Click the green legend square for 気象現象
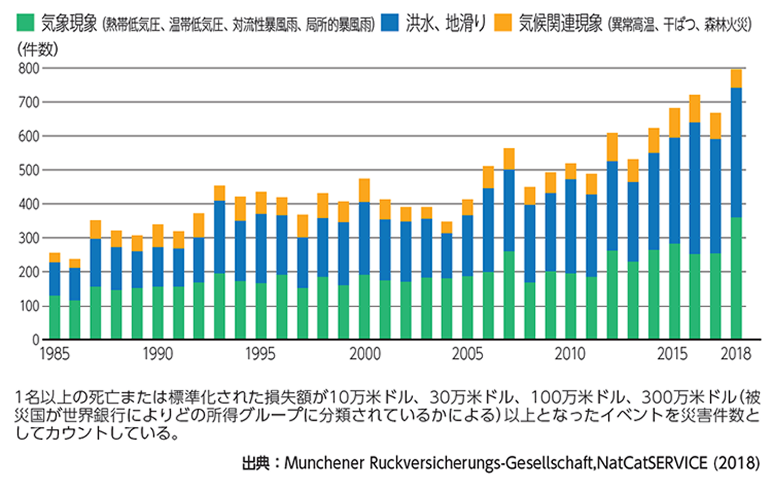(x=25, y=23)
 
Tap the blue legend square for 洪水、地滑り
(x=390, y=23)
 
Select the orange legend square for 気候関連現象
(x=503, y=23)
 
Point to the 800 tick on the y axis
(x=29, y=68)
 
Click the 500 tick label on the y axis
(x=29, y=170)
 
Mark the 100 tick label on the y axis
(x=29, y=306)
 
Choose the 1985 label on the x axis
(x=55, y=354)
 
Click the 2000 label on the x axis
(x=365, y=354)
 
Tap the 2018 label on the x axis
(x=736, y=354)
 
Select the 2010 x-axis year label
(x=570, y=354)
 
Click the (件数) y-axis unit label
(x=38, y=49)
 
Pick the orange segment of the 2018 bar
(x=736, y=79)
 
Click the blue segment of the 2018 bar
(x=736, y=152)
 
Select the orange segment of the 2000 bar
(x=364, y=190)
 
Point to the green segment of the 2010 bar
(x=571, y=306)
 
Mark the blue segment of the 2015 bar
(x=674, y=190)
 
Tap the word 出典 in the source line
(x=256, y=463)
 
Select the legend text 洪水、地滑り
(x=445, y=23)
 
